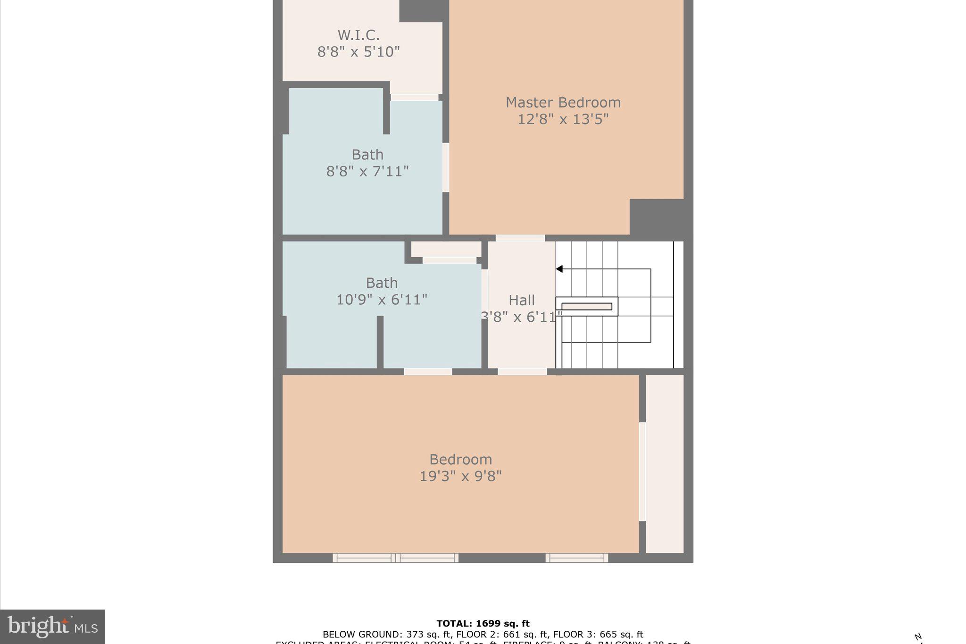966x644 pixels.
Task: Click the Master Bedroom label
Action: point(563,102)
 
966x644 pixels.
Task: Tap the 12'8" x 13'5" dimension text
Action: point(563,119)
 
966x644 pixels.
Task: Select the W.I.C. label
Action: point(358,35)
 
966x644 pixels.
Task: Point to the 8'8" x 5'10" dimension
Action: point(358,52)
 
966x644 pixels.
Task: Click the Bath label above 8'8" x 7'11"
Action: point(367,155)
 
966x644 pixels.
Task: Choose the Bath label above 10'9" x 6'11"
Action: point(382,283)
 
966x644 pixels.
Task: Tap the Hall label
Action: point(522,301)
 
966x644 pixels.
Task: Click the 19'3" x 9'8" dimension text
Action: point(460,477)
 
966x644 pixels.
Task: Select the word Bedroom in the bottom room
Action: point(460,460)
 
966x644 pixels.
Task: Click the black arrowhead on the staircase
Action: point(559,269)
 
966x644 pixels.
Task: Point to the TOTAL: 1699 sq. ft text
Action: point(483,624)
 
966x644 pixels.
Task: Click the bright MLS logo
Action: point(52,627)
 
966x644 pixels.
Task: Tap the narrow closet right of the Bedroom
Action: point(664,463)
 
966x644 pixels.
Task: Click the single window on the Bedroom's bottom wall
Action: point(576,558)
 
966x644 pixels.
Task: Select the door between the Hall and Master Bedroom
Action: point(520,238)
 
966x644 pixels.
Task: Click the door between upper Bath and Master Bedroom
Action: point(446,167)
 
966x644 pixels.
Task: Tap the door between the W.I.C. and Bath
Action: point(414,97)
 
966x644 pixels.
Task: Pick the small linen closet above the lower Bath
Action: point(446,249)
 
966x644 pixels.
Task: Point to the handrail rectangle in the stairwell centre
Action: point(587,306)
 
